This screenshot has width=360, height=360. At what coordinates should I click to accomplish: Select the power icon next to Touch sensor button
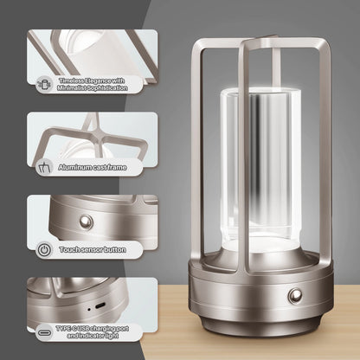pyautogui.click(x=44, y=248)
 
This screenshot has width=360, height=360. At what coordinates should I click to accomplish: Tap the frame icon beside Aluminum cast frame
pyautogui.click(x=44, y=165)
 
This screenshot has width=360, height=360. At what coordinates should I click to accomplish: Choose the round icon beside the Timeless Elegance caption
pyautogui.click(x=44, y=83)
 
